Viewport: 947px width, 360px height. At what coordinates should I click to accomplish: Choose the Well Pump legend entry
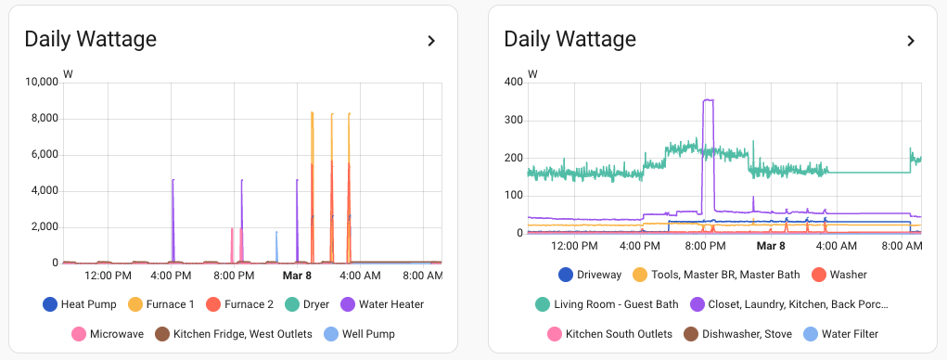click(358, 334)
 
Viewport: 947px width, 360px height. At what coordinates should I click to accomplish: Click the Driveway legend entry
click(590, 275)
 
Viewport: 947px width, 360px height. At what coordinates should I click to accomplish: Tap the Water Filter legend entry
click(833, 334)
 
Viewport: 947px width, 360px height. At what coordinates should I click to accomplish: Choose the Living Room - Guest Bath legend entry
click(603, 304)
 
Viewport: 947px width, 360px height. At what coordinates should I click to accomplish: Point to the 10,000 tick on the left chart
click(41, 83)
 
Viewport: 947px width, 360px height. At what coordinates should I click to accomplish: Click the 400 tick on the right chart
click(513, 83)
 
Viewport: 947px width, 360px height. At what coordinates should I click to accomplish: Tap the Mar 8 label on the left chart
click(297, 276)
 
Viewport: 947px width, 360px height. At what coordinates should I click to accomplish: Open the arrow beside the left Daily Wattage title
click(431, 41)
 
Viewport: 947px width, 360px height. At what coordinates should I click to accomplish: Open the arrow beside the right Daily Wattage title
click(911, 41)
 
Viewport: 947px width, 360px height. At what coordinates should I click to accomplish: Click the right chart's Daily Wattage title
click(569, 39)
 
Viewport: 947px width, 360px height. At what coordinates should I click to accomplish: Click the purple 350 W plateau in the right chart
click(709, 100)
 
